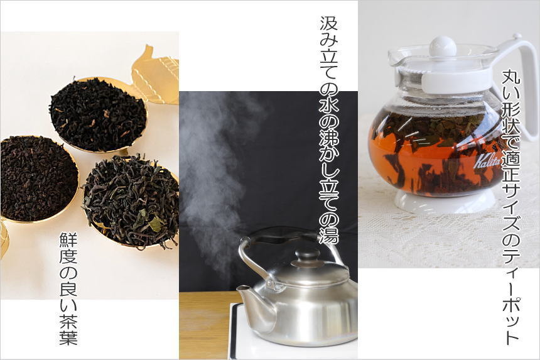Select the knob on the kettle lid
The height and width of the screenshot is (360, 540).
(x=308, y=255)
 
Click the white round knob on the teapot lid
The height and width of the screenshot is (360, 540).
(x=443, y=46)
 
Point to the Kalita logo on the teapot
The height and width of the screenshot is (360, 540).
(x=487, y=163)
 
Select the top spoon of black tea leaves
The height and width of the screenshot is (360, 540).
(x=97, y=114)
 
